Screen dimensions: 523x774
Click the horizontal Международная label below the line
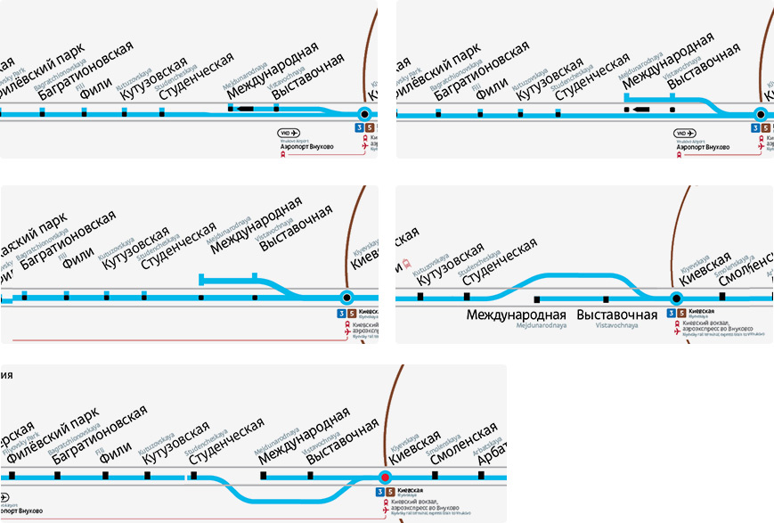point(517,315)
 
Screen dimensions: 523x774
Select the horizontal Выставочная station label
point(617,315)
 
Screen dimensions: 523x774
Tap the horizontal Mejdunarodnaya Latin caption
point(517,326)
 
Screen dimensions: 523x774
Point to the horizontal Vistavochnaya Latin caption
point(617,326)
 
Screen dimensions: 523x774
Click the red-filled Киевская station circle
point(385,477)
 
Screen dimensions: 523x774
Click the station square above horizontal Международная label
point(537,298)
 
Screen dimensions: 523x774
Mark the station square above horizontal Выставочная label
point(606,298)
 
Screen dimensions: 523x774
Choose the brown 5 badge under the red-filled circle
point(390,491)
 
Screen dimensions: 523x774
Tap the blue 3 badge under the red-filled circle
point(380,491)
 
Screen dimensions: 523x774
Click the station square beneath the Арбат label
point(482,476)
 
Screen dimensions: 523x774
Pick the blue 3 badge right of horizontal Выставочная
point(672,313)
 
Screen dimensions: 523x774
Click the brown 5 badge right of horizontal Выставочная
point(681,313)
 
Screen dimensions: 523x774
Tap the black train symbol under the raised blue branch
point(642,110)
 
